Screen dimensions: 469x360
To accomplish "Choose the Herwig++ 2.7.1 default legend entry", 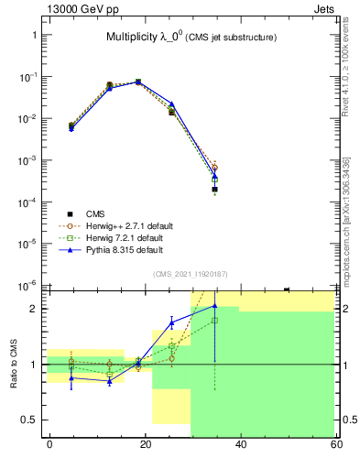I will (x=124, y=225).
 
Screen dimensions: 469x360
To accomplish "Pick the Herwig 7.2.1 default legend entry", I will (x=122, y=237).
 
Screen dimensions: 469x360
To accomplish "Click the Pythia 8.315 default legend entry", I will (x=121, y=249).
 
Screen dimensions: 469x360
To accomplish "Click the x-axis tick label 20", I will (x=146, y=444).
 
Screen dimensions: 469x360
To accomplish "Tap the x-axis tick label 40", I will (x=241, y=444).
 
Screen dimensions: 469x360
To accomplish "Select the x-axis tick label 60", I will (x=336, y=444).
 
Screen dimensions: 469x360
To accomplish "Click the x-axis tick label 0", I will (x=49, y=444).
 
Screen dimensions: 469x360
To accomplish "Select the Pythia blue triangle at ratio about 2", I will (x=214, y=306).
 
